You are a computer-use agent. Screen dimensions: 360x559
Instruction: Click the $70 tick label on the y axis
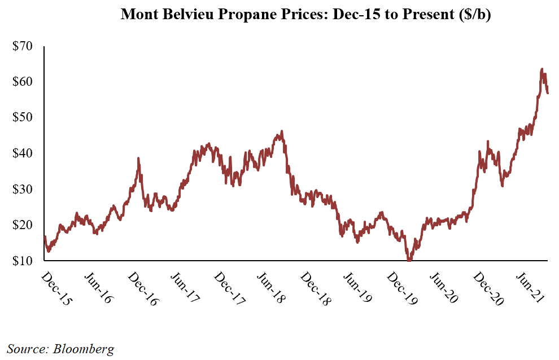coord(24,46)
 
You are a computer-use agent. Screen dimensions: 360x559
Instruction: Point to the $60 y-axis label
coord(24,82)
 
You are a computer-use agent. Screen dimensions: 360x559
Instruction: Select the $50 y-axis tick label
coord(24,117)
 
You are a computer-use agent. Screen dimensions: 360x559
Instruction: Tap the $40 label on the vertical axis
coord(24,153)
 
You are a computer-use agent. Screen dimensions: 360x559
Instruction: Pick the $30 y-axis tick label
coord(24,189)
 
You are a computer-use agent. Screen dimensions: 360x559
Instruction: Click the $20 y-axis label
coord(24,225)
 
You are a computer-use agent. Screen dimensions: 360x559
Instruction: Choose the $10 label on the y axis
coord(24,261)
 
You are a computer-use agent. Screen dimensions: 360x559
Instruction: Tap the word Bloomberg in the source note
coord(84,349)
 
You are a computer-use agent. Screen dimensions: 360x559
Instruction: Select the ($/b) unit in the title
coord(475,15)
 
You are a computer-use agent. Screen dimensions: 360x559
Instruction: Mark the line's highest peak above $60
coord(542,69)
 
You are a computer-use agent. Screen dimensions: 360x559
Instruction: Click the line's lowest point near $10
coord(409,260)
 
